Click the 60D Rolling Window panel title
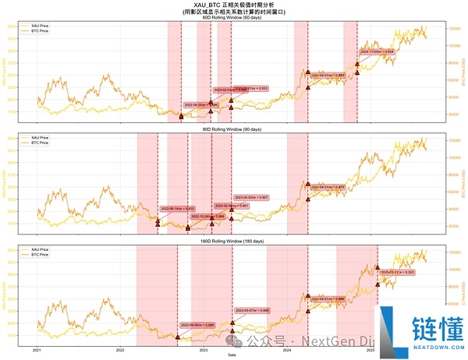pos(232,18)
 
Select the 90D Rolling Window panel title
pos(232,129)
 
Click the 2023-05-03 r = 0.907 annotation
pos(251,197)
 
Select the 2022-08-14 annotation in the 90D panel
pos(178,209)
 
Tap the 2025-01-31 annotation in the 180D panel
pos(397,272)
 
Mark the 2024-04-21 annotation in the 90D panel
pos(328,188)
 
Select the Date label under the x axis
pos(232,355)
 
